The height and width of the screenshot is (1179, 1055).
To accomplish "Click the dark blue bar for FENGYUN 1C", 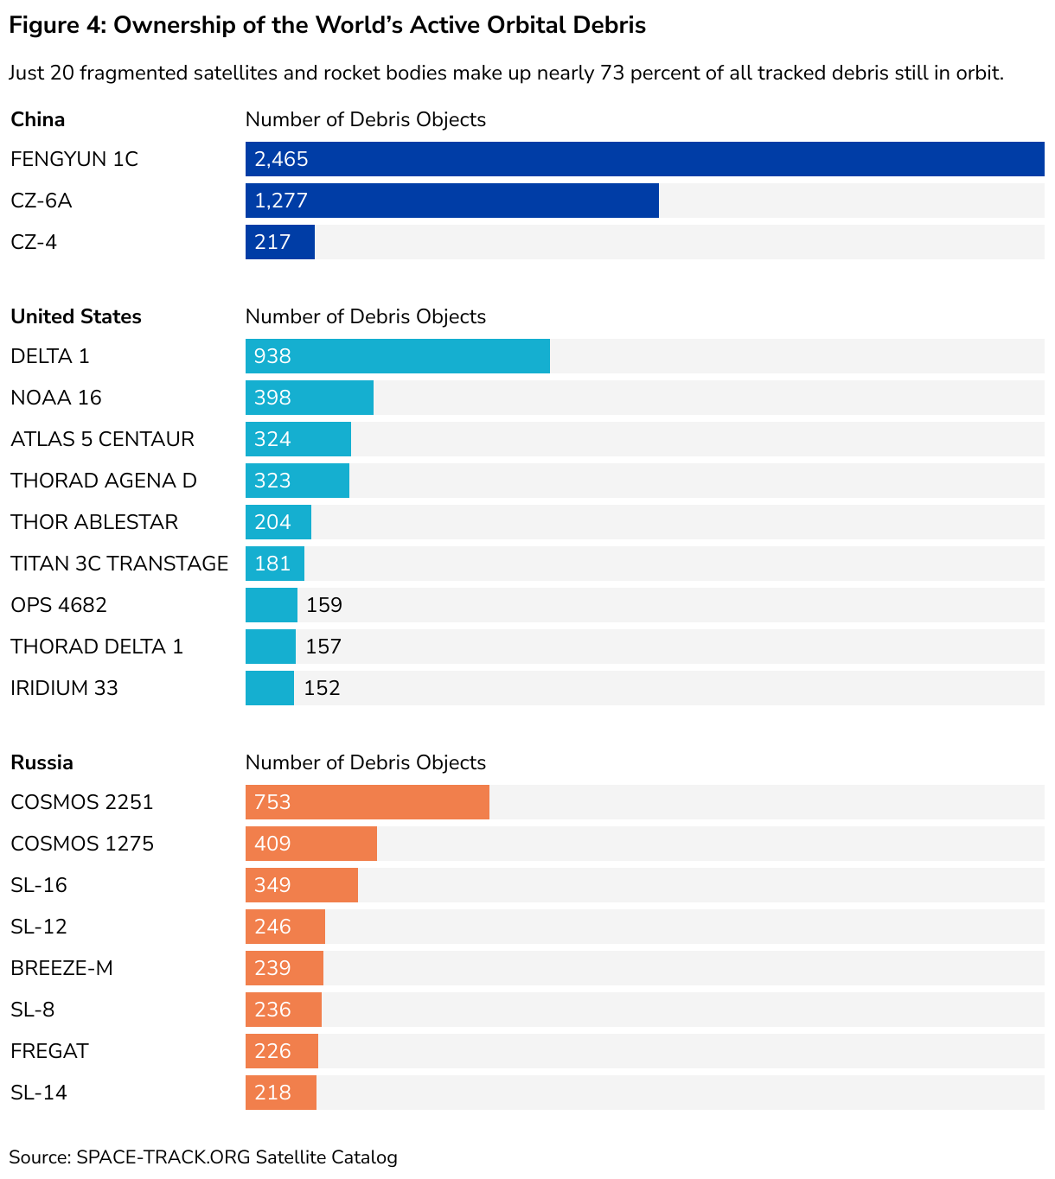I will tap(644, 159).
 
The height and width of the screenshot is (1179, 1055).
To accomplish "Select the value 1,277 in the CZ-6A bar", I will tap(281, 201).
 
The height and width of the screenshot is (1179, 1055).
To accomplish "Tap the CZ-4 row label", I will tap(34, 242).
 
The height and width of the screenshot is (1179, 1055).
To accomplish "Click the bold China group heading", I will tap(38, 119).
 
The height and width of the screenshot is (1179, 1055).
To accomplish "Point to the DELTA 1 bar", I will tap(397, 356).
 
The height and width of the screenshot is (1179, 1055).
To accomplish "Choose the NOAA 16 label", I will tap(56, 398).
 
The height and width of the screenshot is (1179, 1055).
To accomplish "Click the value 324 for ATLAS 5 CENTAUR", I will tap(272, 439).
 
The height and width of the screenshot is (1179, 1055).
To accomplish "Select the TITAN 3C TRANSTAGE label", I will tap(119, 564).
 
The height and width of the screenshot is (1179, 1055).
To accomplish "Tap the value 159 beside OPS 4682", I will tap(324, 605).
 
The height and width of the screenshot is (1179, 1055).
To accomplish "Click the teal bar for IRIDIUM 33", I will tap(269, 688).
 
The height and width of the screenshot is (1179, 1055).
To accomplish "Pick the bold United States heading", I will tap(76, 316).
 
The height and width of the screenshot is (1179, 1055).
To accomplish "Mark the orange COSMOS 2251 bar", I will tap(367, 802).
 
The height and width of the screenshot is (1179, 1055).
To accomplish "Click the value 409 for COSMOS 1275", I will tap(272, 844).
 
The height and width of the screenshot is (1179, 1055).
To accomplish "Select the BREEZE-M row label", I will tap(61, 968).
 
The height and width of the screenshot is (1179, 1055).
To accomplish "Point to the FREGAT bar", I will tap(281, 1051).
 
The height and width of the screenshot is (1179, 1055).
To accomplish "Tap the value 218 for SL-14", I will tap(272, 1093).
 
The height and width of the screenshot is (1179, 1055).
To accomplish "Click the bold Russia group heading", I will tap(42, 762).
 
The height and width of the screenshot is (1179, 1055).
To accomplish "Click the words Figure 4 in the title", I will tap(57, 25).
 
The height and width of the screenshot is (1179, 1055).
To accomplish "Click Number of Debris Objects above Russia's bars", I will tap(365, 762).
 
